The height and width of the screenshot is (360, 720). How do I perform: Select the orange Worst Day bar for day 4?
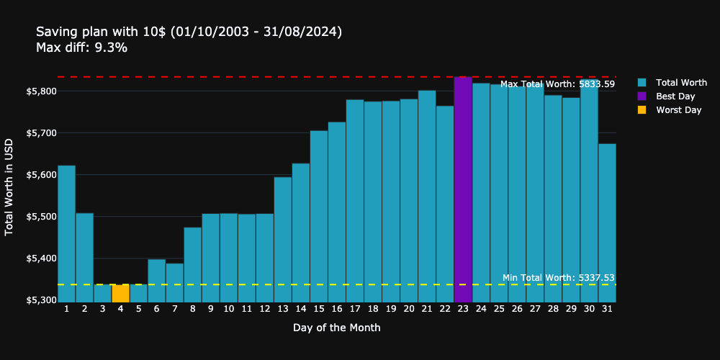120,293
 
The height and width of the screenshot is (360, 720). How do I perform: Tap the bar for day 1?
66,233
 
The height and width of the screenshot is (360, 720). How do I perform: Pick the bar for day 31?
607,222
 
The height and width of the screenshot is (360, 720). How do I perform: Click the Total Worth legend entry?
680,83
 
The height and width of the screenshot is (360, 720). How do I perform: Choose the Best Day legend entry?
675,96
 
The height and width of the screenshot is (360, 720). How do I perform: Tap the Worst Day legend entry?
678,110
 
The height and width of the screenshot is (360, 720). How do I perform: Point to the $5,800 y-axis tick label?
41,91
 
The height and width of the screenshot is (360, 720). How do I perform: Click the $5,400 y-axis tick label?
41,258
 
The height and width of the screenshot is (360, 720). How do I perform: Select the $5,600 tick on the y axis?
41,175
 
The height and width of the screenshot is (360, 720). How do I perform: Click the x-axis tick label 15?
318,309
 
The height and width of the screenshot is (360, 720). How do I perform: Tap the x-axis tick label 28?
553,309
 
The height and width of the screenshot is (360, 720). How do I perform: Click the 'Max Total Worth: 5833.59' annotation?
557,84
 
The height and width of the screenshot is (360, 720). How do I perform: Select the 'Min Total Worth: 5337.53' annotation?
558,278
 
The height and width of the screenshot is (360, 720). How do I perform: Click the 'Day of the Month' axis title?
336,328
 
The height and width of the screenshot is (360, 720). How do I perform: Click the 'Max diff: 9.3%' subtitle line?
81,48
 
